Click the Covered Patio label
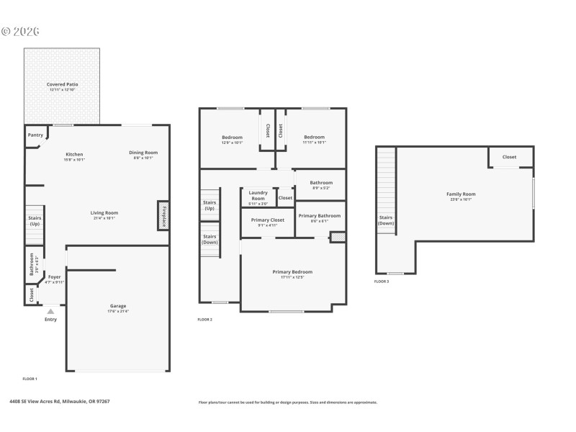pyautogui.click(x=63, y=84)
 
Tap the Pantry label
pyautogui.click(x=35, y=135)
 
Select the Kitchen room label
pyautogui.click(x=75, y=154)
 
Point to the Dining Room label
pyautogui.click(x=143, y=153)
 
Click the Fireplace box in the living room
pyautogui.click(x=163, y=215)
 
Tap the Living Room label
pyautogui.click(x=104, y=213)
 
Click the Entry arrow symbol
pyautogui.click(x=50, y=311)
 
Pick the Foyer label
pyautogui.click(x=55, y=277)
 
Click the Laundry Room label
pyautogui.click(x=258, y=195)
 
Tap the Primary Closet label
pyautogui.click(x=267, y=220)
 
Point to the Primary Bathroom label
pyautogui.click(x=319, y=216)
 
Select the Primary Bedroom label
pyautogui.click(x=292, y=271)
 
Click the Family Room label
pyautogui.click(x=461, y=194)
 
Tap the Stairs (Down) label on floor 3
pyautogui.click(x=386, y=220)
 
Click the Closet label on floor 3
pyautogui.click(x=509, y=157)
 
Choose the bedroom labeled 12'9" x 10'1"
pyautogui.click(x=232, y=138)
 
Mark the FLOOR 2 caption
pyautogui.click(x=205, y=319)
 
